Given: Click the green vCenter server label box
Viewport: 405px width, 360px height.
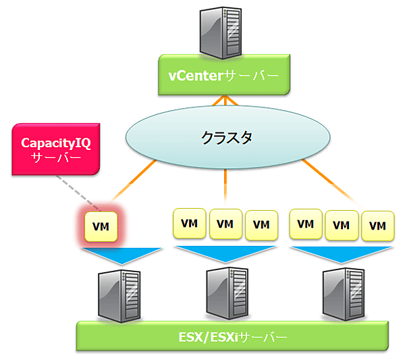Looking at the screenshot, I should pyautogui.click(x=223, y=76).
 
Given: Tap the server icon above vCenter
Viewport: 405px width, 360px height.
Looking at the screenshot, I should pyautogui.click(x=221, y=31).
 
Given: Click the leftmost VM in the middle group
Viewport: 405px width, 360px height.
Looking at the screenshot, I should pyautogui.click(x=191, y=224).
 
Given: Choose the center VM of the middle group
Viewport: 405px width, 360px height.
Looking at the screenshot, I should pyautogui.click(x=226, y=224).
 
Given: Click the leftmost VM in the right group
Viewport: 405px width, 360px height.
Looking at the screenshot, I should pyautogui.click(x=306, y=224).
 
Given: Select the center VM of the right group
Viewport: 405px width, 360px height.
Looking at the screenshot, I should pyautogui.click(x=342, y=225).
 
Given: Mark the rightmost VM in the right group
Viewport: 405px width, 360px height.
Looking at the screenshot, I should pyautogui.click(x=377, y=225).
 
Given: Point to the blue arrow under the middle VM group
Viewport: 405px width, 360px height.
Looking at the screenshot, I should pyautogui.click(x=225, y=255).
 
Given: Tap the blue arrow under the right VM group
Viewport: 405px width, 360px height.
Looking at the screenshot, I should pyautogui.click(x=341, y=255).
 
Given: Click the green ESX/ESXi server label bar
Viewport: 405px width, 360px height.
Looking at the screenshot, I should pyautogui.click(x=232, y=336).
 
